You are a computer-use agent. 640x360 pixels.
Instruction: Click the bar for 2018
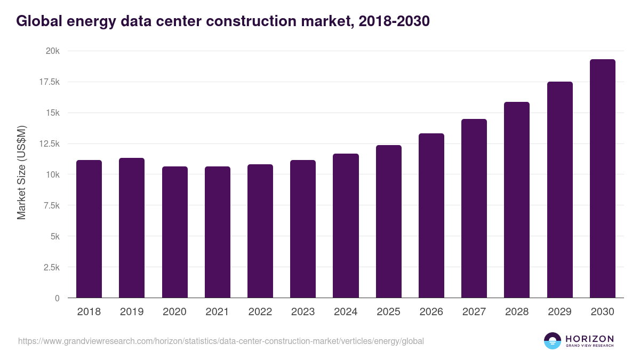point(89,229)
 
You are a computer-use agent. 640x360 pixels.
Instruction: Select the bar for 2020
point(175,232)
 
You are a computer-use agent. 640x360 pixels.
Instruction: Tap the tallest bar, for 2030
point(602,179)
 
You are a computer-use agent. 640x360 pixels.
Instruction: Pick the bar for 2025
point(389,221)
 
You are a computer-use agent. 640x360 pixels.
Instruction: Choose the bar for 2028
point(517,200)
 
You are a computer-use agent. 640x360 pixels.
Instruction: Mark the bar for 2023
point(303,229)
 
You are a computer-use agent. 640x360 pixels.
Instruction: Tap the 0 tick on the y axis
point(57,298)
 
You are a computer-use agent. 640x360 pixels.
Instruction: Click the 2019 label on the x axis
point(132,312)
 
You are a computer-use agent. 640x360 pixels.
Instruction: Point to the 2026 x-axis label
point(431,312)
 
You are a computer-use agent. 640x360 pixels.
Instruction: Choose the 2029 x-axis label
point(559,312)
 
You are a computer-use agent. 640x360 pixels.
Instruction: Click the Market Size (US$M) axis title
point(22,172)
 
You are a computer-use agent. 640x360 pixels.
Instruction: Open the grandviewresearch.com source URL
point(221,341)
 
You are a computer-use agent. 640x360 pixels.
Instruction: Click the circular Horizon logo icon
point(553,341)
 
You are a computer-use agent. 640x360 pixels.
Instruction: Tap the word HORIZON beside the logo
point(589,338)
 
